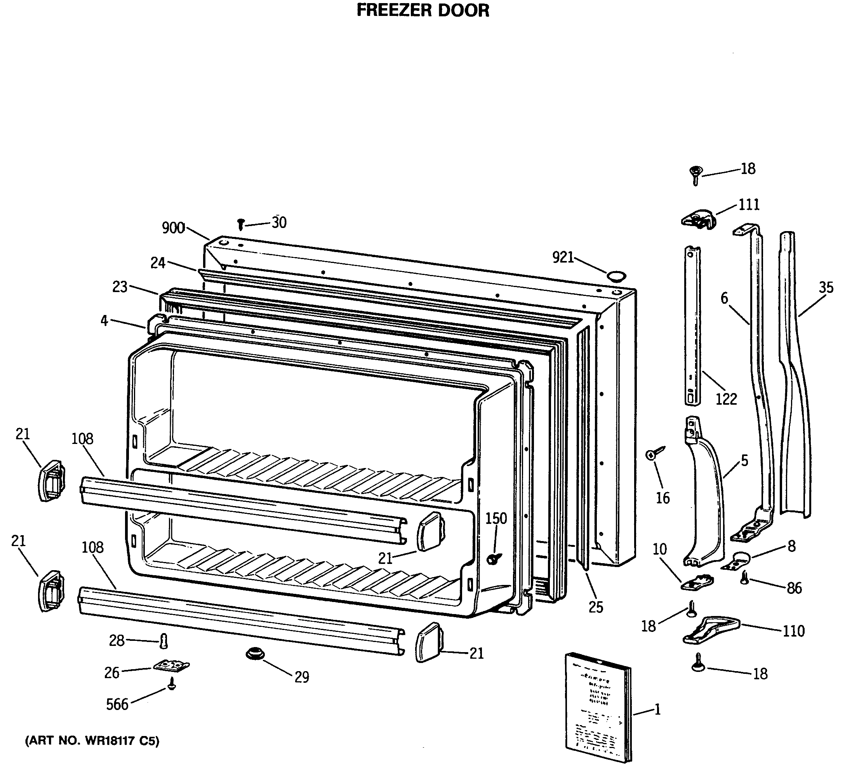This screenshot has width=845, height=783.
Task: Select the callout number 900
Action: pos(173,228)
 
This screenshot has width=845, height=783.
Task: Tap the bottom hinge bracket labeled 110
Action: pos(711,630)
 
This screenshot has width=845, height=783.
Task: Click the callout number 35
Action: pos(826,287)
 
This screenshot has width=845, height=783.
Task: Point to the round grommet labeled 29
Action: pos(255,653)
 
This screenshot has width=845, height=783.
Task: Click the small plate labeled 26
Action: pos(171,666)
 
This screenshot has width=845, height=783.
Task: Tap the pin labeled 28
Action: pos(164,641)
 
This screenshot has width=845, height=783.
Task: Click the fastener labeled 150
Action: pos(493,559)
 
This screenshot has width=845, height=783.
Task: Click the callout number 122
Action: pos(726,399)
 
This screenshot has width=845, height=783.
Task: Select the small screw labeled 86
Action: pos(744,578)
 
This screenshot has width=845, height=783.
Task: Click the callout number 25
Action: pos(596,607)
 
